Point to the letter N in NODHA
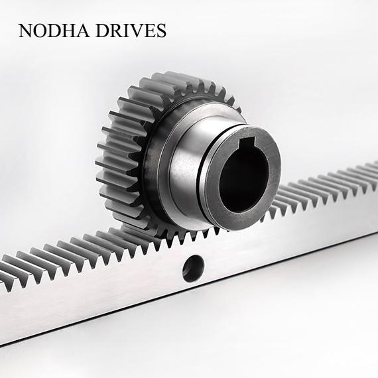point(26,31)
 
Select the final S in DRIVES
point(160,31)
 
